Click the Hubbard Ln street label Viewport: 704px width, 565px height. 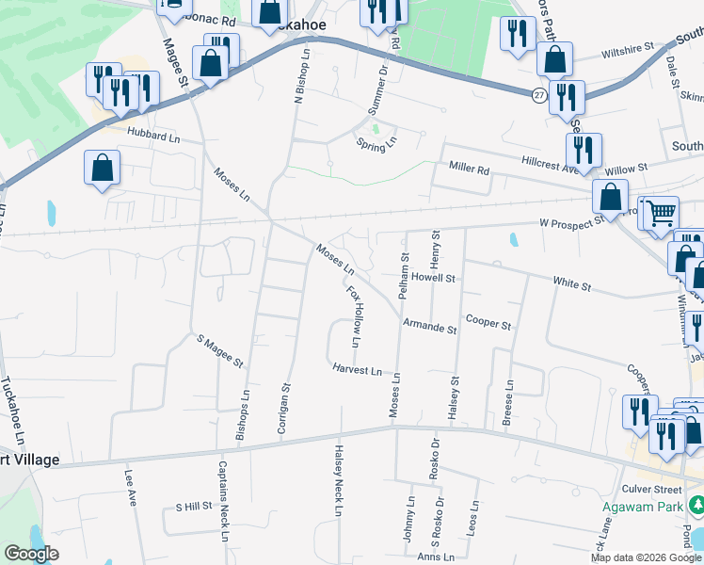pos(152,135)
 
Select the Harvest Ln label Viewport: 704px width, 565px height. pos(357,370)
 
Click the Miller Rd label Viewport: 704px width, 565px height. pos(470,170)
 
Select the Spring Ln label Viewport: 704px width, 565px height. pos(376,144)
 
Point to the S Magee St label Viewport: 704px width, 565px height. pos(219,349)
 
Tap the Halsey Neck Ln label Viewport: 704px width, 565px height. pos(336,481)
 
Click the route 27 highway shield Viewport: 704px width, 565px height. pos(537,95)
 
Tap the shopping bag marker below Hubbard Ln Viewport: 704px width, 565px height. pos(103,169)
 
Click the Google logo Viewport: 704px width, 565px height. pos(30,554)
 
